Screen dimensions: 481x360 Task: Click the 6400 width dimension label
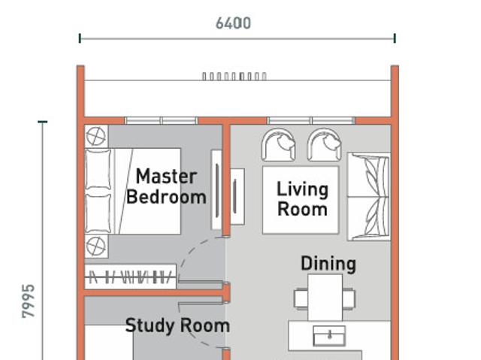coord(233,23)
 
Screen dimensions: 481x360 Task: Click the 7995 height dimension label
coord(29,301)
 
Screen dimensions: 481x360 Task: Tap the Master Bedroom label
coord(166,186)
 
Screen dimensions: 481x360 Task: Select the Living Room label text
coord(302,198)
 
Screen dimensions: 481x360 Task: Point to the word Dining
coord(328,264)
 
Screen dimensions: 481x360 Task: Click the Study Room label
coord(177,325)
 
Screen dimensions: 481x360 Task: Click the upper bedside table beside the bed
coord(96,136)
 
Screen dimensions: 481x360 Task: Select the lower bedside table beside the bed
coord(96,247)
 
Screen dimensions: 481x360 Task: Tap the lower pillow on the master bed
coord(98,213)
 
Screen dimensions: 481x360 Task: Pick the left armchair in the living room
coord(278,145)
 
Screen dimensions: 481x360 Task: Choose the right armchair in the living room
coord(324,145)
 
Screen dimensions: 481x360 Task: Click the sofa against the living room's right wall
coord(369,197)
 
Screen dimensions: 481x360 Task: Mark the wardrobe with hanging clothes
coord(131,277)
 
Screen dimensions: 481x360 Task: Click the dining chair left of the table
coord(301,298)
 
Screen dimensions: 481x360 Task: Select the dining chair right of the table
coord(349,298)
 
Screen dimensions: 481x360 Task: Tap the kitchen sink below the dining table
coord(329,336)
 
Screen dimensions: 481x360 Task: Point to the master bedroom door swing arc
coord(194,252)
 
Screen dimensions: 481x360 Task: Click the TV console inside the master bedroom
coord(216,190)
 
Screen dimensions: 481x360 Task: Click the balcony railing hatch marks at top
coord(234,76)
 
